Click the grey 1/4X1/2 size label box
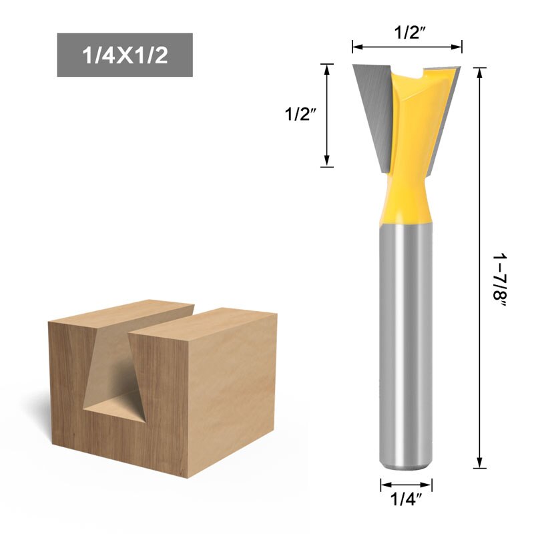[x=125, y=55]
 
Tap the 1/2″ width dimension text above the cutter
[x=407, y=32]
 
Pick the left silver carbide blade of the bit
[x=370, y=107]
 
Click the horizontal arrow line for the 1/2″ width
[x=407, y=47]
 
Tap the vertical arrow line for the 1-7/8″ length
[x=479, y=267]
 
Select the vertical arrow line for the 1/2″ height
[x=326, y=114]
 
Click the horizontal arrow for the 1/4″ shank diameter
[x=407, y=485]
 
